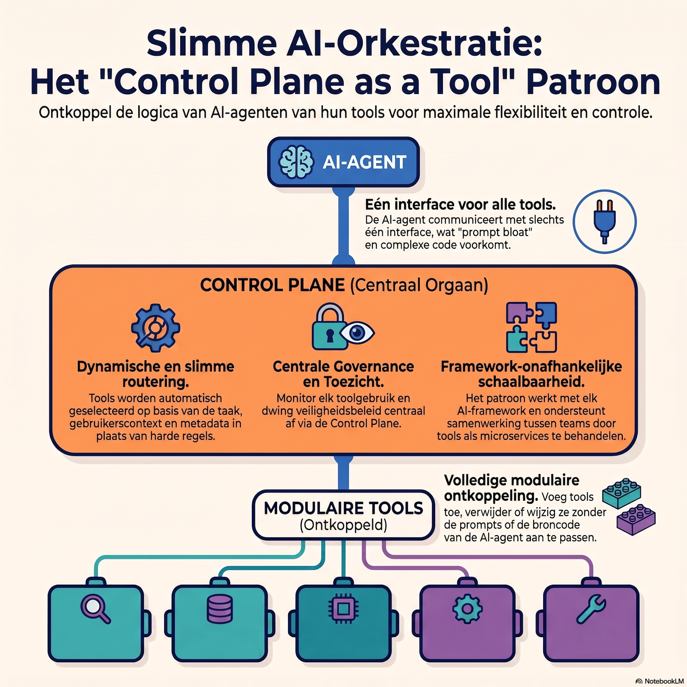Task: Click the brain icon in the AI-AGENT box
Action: [x=296, y=162]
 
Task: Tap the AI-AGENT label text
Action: [x=364, y=162]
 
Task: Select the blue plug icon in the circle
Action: [x=605, y=222]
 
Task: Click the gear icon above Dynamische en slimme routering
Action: [x=155, y=327]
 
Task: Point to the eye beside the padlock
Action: [x=357, y=333]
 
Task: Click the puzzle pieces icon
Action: [x=531, y=327]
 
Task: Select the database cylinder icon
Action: [x=219, y=609]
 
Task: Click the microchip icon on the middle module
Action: [x=343, y=609]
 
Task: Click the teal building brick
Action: [x=621, y=493]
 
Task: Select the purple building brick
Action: [x=636, y=519]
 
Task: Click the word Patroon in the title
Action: [x=593, y=82]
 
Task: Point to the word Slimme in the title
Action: [x=211, y=44]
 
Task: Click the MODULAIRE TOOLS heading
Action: [x=343, y=508]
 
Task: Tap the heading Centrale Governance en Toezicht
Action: [x=343, y=374]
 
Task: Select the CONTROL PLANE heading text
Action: [x=272, y=285]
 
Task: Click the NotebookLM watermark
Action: [x=660, y=681]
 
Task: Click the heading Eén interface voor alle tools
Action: [x=460, y=205]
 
